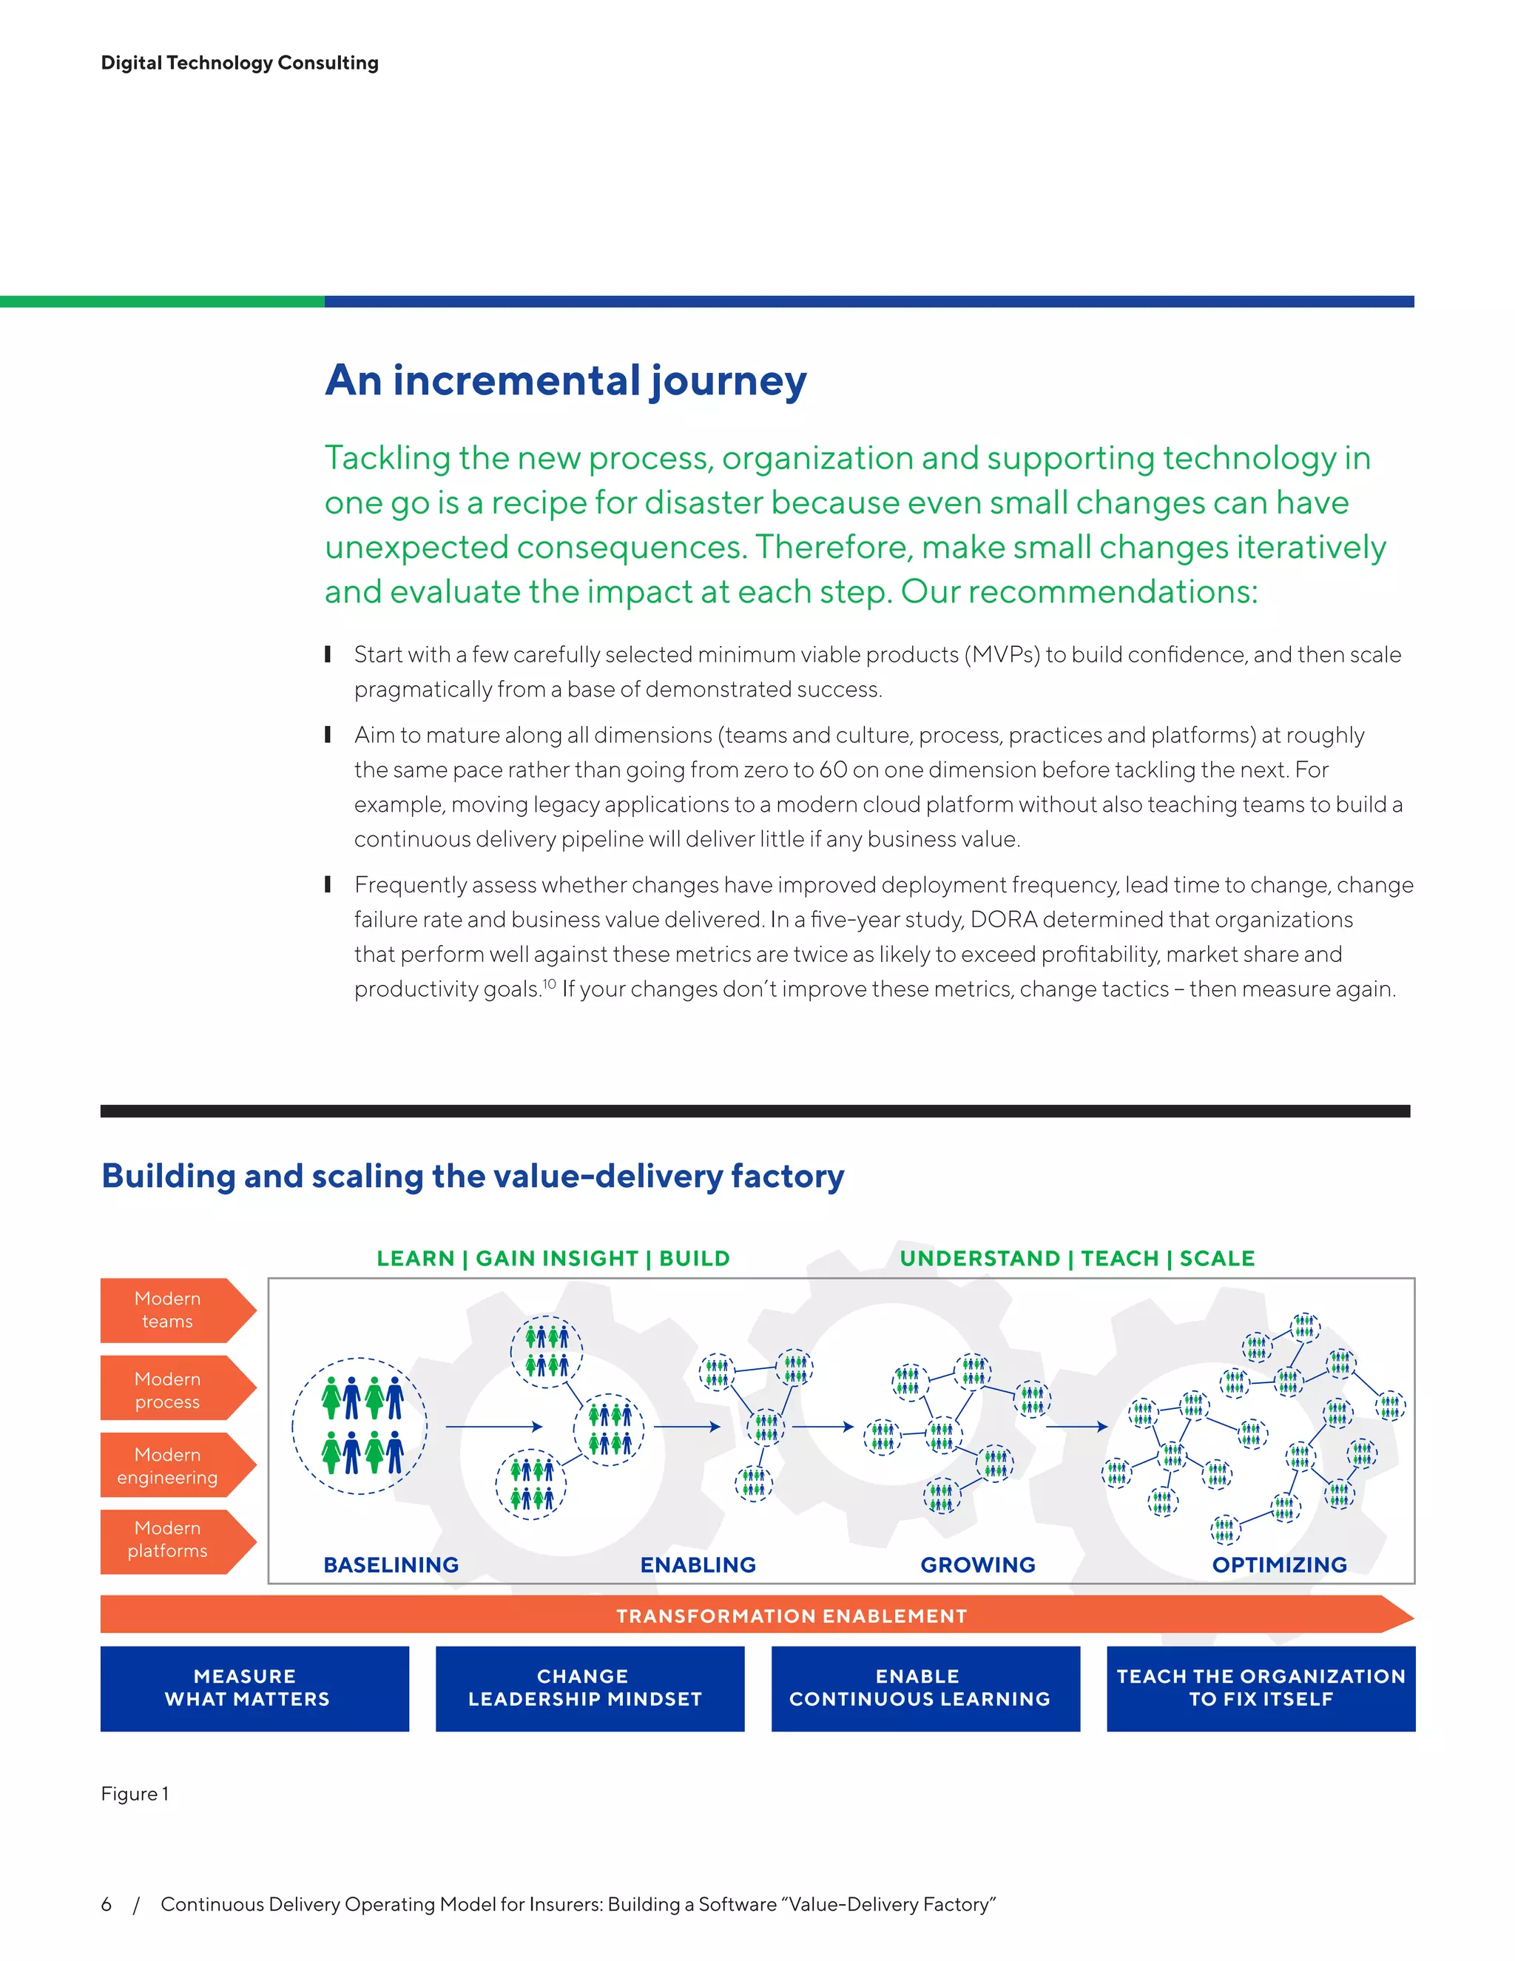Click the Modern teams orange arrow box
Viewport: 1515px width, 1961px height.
[x=169, y=1310]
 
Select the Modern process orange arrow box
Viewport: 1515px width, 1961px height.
[x=169, y=1390]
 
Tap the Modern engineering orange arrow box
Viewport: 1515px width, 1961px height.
[x=169, y=1465]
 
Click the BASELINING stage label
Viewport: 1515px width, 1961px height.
[x=391, y=1565]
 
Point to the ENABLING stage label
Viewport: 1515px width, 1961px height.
[x=698, y=1565]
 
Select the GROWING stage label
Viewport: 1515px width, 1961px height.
[x=977, y=1565]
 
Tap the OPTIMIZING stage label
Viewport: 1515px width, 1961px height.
[x=1279, y=1565]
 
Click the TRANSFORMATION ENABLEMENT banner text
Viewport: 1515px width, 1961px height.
[x=791, y=1616]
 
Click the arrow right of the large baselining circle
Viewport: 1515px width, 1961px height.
[x=493, y=1426]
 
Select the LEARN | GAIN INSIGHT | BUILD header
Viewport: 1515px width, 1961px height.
[x=553, y=1258]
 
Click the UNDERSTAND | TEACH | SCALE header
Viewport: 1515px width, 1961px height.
[x=1077, y=1258]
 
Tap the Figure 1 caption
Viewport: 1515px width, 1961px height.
[x=135, y=1794]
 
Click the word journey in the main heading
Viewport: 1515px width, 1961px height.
[x=728, y=380]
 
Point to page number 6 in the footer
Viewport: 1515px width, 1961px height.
[x=106, y=1905]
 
